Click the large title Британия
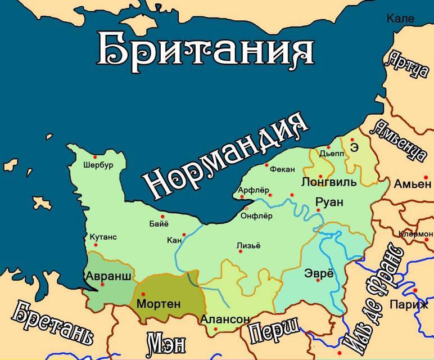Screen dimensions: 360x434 pos(206,49)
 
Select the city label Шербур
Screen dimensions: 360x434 pos(98,165)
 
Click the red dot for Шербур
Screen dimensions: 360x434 pos(96,157)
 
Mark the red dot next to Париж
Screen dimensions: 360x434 pos(415,290)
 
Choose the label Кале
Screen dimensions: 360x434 pos(400,19)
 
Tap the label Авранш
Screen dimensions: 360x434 pos(108,276)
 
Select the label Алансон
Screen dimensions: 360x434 pos(225,319)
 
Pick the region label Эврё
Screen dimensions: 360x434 pos(318,274)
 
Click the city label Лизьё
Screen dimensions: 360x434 pos(248,245)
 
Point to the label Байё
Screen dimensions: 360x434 pos(158,225)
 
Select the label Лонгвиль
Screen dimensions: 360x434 pos(329,182)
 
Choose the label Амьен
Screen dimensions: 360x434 pos(412,184)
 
